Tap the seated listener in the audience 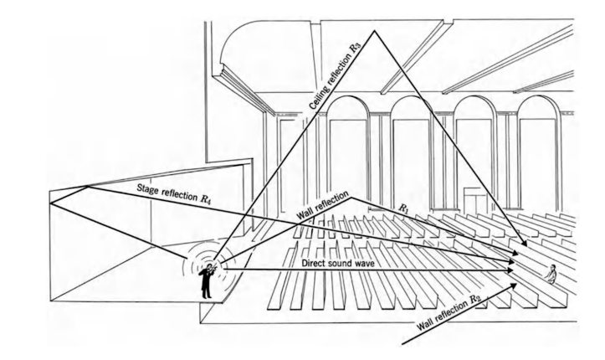[551, 272]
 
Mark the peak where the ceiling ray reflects [374, 31]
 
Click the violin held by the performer [210, 267]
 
